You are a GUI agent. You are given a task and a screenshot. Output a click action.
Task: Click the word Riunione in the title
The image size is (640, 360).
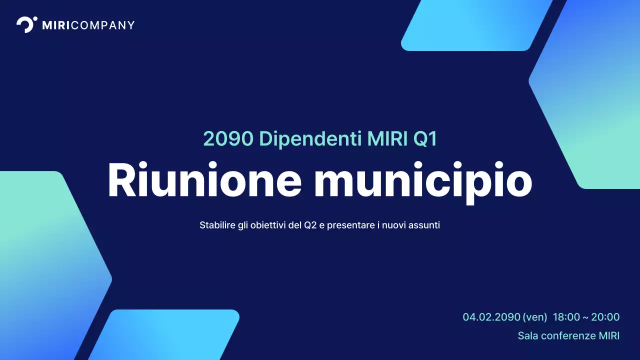click(x=204, y=180)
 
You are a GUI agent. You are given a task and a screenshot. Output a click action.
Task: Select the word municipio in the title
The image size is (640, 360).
click(x=422, y=181)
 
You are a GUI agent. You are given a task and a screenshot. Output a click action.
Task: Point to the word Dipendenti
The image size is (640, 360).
click(x=310, y=139)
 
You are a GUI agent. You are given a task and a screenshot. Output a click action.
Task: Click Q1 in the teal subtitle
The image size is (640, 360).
click(x=425, y=139)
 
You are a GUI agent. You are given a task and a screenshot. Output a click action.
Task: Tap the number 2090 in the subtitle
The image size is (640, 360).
click(x=228, y=139)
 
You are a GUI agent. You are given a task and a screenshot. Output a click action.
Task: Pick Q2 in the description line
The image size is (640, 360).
click(x=310, y=225)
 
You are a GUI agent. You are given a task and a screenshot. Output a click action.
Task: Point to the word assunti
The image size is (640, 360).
click(x=424, y=225)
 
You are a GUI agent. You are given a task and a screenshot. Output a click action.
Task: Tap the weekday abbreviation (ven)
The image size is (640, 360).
click(x=534, y=317)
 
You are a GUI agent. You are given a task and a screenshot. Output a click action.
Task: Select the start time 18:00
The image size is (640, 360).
click(x=566, y=317)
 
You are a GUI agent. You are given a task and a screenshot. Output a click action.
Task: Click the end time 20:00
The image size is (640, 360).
click(x=605, y=317)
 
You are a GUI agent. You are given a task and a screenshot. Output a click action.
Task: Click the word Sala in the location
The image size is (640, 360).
click(x=527, y=335)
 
